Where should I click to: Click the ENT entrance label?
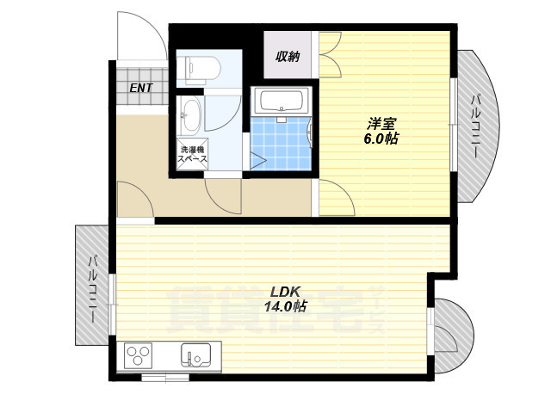click(x=141, y=88)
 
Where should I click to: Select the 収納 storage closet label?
click(x=288, y=56)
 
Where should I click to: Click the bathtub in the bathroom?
click(x=281, y=102)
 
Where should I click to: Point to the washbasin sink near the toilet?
click(x=190, y=116)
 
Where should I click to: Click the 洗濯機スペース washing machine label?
click(x=192, y=154)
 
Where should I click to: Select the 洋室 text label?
click(x=381, y=124)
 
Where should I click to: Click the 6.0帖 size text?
click(x=381, y=139)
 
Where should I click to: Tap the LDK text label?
click(x=285, y=291)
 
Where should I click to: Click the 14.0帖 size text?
click(x=285, y=306)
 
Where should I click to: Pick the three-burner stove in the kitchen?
click(x=139, y=355)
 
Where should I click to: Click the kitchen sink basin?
click(x=195, y=355)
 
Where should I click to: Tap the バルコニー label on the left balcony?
click(x=92, y=289)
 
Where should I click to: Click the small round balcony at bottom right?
click(x=453, y=336)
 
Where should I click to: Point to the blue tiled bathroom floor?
click(x=281, y=144)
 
